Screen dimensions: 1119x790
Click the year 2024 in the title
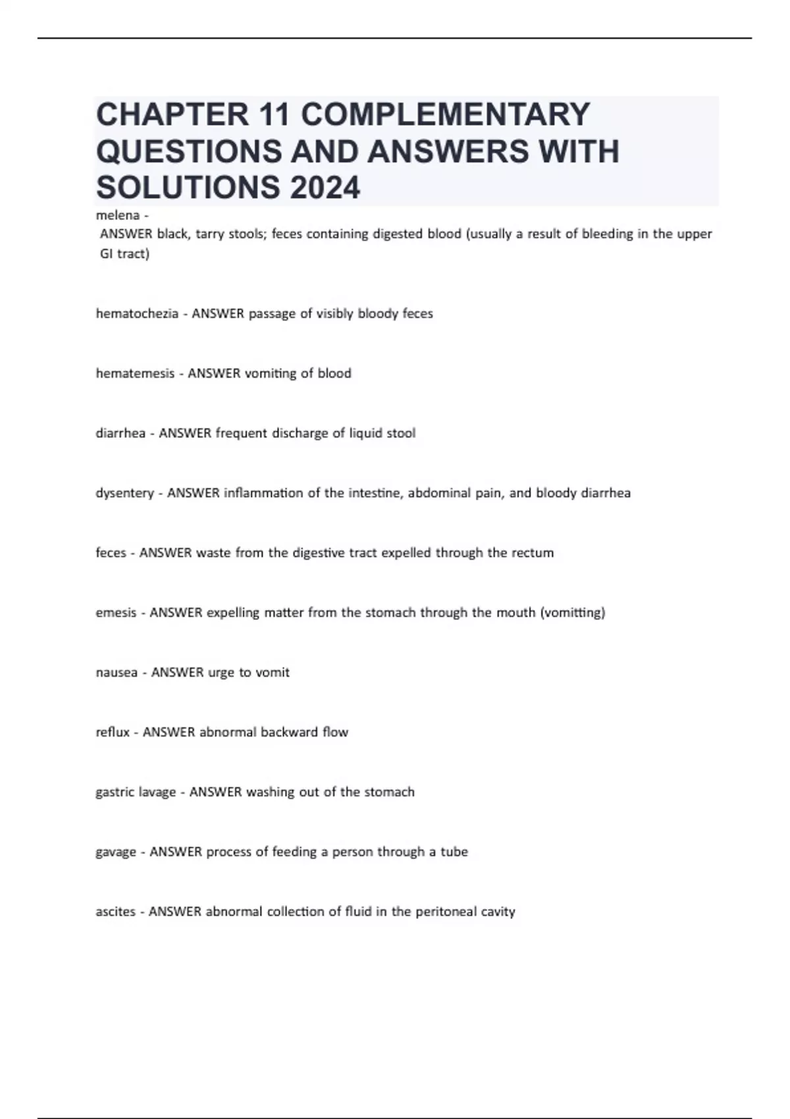(x=324, y=188)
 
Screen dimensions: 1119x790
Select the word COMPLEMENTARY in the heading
(x=445, y=115)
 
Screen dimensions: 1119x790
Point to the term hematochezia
(x=137, y=314)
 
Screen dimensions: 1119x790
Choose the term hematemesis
(x=135, y=374)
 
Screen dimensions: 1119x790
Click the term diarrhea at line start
(x=120, y=434)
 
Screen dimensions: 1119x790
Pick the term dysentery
(x=124, y=494)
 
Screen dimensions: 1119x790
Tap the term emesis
(x=116, y=613)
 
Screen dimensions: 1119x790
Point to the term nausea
(x=117, y=673)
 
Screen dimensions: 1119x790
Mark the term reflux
(x=113, y=733)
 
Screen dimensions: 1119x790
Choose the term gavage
(x=116, y=852)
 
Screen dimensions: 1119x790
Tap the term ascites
(x=115, y=912)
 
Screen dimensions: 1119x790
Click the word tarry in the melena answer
(x=211, y=234)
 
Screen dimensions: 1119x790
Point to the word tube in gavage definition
(x=454, y=852)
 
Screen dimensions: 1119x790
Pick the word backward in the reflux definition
(x=289, y=733)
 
